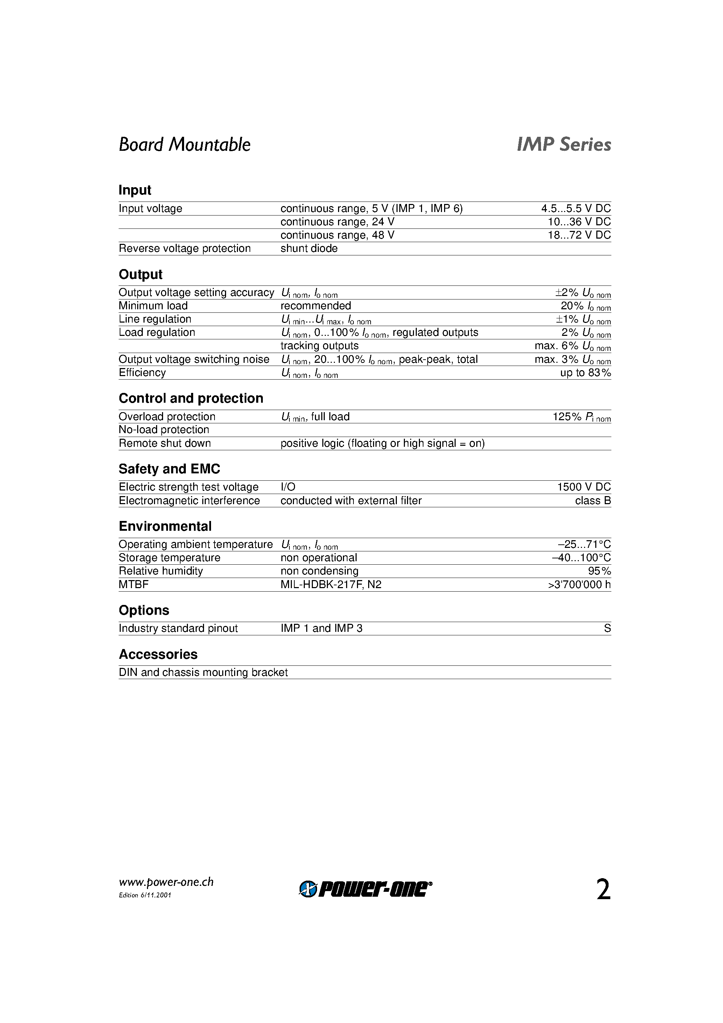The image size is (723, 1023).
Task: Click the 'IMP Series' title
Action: click(563, 145)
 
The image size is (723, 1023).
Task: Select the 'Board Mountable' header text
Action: click(184, 145)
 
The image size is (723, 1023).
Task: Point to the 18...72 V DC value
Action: click(579, 235)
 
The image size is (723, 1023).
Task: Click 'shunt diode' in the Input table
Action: click(309, 249)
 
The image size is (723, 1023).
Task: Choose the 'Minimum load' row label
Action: click(153, 306)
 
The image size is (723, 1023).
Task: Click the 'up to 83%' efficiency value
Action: click(585, 373)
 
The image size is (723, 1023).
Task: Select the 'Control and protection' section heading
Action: click(191, 398)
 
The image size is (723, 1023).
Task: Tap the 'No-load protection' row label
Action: click(163, 430)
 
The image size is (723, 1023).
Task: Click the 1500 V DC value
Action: click(583, 487)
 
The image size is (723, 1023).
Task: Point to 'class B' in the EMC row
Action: click(593, 501)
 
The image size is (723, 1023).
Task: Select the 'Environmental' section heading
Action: click(165, 526)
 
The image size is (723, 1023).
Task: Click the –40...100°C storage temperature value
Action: click(581, 558)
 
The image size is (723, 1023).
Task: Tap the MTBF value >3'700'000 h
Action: click(579, 585)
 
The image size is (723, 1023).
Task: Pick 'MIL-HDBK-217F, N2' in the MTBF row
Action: click(331, 585)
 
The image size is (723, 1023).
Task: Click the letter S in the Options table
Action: click(607, 629)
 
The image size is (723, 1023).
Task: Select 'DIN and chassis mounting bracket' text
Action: click(203, 672)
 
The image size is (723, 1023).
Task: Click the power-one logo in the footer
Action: click(365, 889)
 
